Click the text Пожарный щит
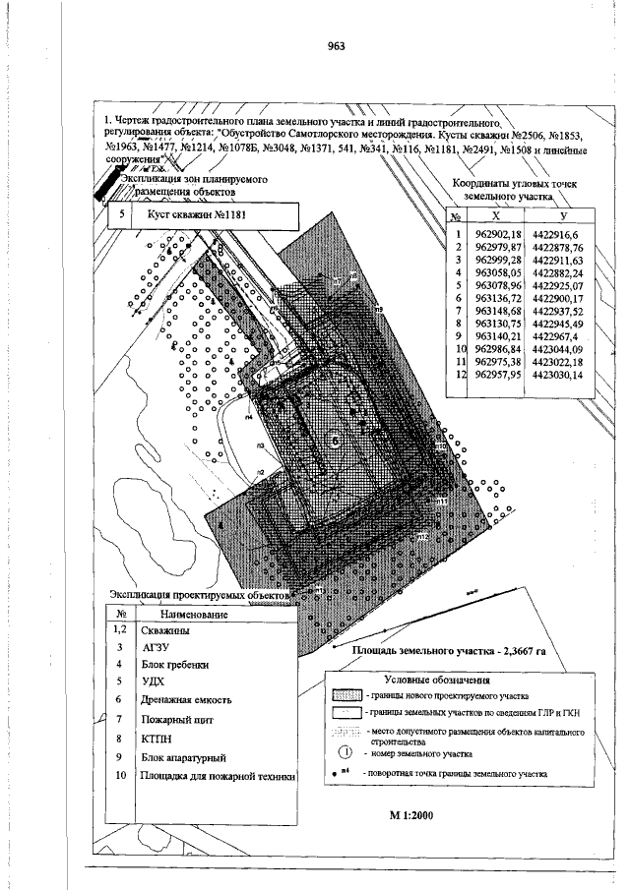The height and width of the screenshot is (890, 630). click(x=178, y=721)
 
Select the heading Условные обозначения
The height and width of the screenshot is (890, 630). click(x=430, y=679)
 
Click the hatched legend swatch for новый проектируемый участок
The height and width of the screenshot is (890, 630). click(x=346, y=693)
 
